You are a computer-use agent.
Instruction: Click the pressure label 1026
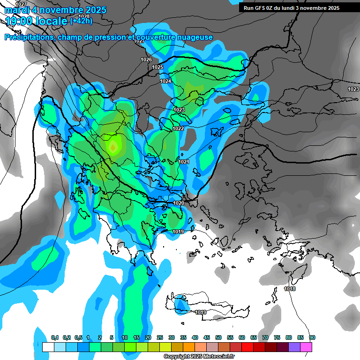(x=146, y=60)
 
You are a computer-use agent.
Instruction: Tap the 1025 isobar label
(x=157, y=67)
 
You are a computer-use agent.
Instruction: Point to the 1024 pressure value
(x=165, y=82)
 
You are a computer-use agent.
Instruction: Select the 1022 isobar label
(x=178, y=128)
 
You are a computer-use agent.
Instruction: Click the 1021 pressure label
(x=184, y=162)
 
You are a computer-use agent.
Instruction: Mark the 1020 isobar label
(x=179, y=203)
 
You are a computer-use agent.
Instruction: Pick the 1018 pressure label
(x=290, y=289)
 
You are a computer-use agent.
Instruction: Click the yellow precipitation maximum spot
(x=113, y=147)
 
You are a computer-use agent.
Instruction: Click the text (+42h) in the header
(x=81, y=21)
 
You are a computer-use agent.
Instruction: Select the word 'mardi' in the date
(x=17, y=10)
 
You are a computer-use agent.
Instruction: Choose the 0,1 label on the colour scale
(x=54, y=337)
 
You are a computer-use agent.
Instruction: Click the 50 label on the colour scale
(x=218, y=337)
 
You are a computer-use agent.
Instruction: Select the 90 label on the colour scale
(x=312, y=337)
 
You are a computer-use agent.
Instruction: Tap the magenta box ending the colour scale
(x=306, y=347)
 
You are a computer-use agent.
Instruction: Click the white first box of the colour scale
(x=48, y=347)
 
